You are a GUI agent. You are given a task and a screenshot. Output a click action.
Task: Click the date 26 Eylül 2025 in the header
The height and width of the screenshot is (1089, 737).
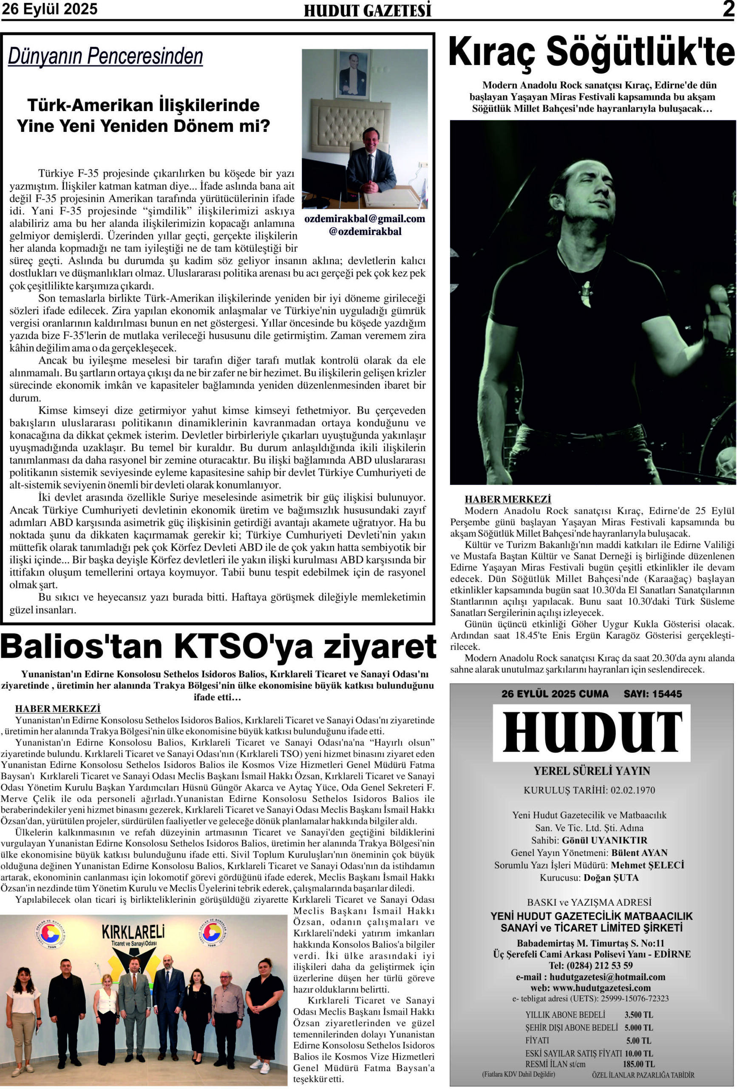[x=50, y=9]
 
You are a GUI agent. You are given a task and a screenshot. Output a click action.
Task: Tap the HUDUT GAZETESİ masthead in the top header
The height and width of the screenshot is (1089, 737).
[x=367, y=10]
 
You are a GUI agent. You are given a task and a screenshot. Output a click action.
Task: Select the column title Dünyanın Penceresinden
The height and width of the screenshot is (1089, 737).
[x=105, y=56]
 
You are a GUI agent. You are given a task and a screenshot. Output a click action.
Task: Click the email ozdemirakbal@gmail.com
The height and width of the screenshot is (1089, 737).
[x=365, y=218]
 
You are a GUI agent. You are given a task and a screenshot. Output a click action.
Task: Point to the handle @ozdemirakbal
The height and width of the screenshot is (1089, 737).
[x=365, y=231]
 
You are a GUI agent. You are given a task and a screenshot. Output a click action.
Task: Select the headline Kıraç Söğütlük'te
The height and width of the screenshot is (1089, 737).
[x=592, y=52]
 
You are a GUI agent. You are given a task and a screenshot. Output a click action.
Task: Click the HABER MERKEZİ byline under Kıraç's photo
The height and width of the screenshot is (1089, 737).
[x=507, y=499]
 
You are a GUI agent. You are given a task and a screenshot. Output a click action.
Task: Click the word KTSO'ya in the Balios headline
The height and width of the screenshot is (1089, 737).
[x=244, y=647]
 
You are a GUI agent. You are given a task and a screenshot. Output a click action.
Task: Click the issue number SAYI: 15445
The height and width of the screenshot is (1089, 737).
[x=652, y=694]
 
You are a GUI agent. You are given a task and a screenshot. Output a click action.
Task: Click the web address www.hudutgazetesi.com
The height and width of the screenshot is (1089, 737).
[x=602, y=988]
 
